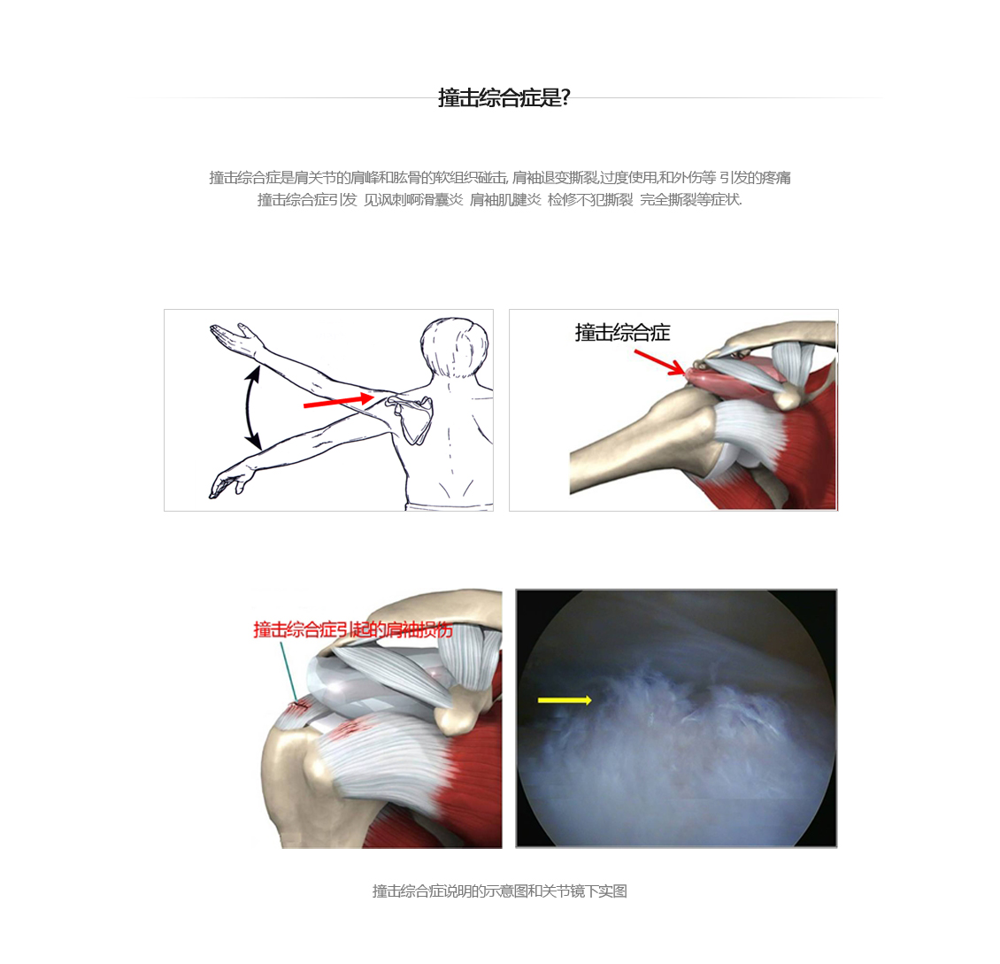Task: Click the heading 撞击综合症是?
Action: pos(504,97)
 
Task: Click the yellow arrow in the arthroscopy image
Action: pos(565,700)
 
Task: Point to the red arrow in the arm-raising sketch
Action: pos(339,401)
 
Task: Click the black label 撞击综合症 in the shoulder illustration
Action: pos(622,332)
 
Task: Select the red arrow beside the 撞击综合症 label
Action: pos(660,362)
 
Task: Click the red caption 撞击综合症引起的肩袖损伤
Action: pos(353,629)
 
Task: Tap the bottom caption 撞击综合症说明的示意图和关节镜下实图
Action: pos(500,891)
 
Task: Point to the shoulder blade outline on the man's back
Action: pos(412,417)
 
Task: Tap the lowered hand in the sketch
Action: pos(228,481)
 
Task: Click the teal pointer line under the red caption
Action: pos(288,671)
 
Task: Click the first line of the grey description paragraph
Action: pos(500,177)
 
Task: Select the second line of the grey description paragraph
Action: pos(500,200)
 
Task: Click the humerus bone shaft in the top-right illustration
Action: pos(631,447)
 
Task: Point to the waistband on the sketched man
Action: pos(450,506)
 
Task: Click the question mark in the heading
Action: pos(565,97)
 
